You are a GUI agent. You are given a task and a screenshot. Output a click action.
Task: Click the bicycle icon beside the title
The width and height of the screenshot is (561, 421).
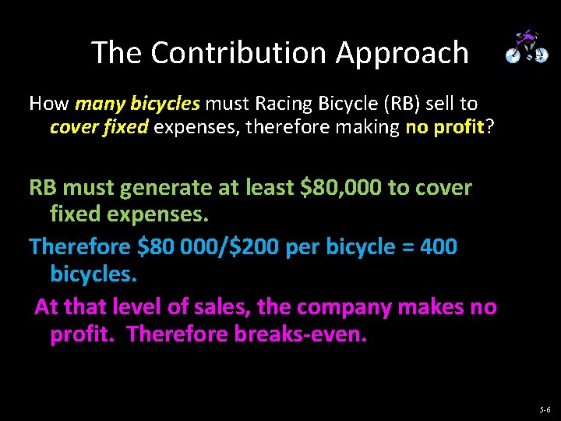(527, 48)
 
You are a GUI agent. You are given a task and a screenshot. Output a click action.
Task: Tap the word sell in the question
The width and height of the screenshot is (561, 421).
(437, 104)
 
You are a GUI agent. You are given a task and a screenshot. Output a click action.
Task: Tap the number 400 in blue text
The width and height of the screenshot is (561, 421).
(439, 247)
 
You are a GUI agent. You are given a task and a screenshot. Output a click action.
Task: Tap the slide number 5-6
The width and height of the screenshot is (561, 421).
(544, 409)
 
